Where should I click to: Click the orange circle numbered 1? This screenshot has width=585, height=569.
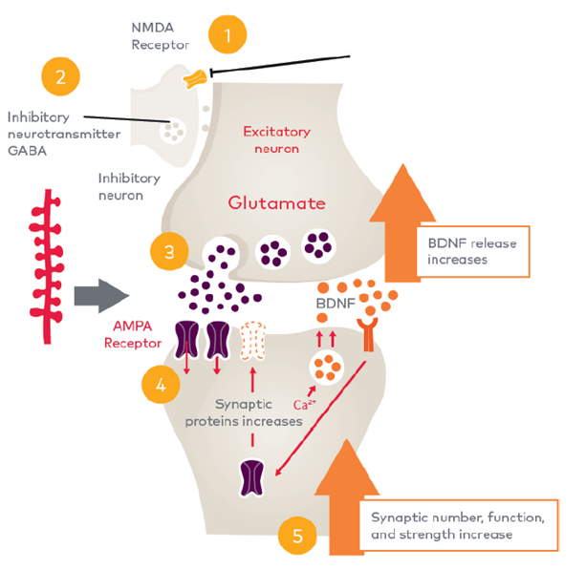(227, 36)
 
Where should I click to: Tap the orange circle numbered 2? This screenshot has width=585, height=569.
(60, 77)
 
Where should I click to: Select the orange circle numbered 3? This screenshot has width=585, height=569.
(169, 252)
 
